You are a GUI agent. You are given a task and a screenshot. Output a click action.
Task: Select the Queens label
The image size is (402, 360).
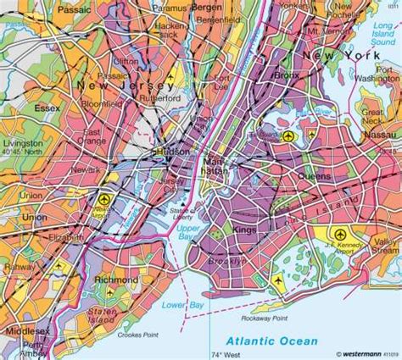(315, 176)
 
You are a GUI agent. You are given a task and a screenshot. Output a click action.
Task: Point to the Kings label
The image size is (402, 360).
(243, 230)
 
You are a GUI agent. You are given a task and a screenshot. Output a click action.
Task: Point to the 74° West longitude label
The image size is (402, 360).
(229, 354)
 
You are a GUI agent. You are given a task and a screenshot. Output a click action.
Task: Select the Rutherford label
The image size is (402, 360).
(164, 97)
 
